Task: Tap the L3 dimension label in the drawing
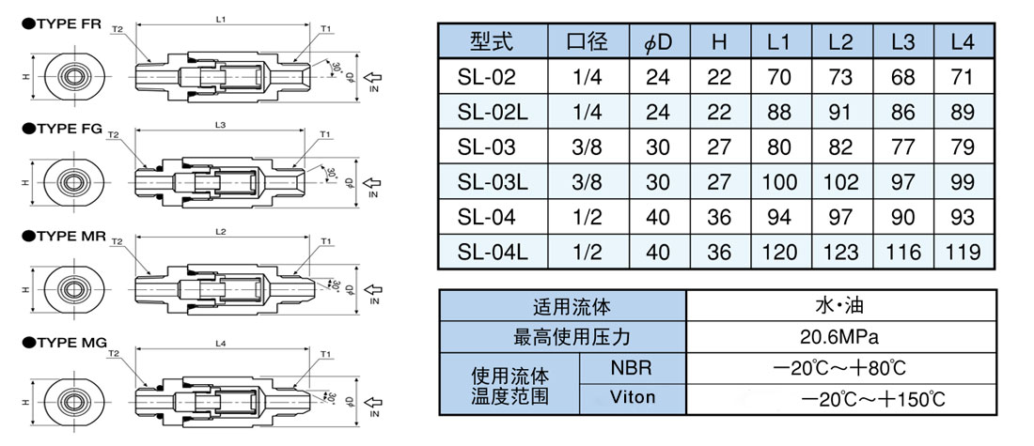coord(220,124)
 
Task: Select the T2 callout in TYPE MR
coord(117,242)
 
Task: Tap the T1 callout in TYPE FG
coord(324,135)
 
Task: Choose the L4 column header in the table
coord(963,41)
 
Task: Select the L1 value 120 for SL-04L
coord(779,252)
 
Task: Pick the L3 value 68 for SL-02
coord(902,76)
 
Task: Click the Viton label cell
coord(633,397)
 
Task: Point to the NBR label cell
coord(633,367)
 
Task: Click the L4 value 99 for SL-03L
coord(963,182)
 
